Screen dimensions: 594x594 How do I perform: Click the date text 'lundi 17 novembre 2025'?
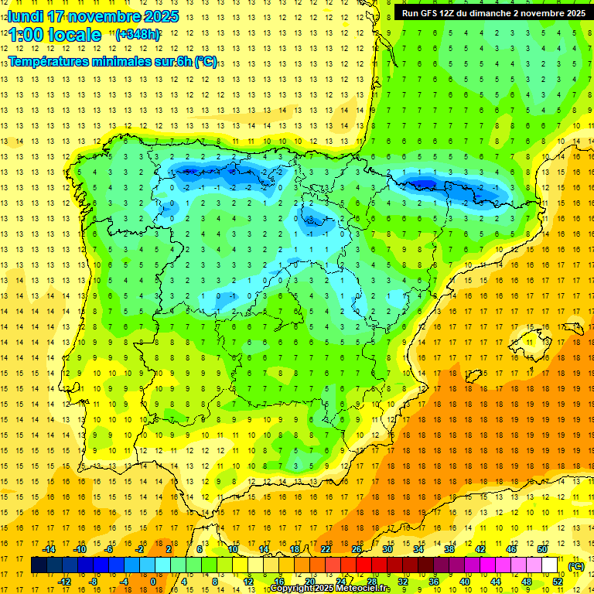(x=92, y=16)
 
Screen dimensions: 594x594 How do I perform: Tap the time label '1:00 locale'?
(x=55, y=35)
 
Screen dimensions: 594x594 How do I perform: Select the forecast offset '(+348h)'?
(x=138, y=35)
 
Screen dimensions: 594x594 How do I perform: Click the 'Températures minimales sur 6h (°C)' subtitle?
(x=112, y=62)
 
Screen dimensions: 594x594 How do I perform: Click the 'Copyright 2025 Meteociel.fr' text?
(x=329, y=589)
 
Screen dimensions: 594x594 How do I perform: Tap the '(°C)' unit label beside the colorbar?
(x=575, y=566)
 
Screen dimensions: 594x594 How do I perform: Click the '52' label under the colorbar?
(x=558, y=582)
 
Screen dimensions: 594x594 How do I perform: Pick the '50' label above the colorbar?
(x=542, y=549)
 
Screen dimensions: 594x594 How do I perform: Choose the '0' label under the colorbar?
(x=153, y=582)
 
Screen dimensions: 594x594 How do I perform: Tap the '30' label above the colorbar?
(x=387, y=549)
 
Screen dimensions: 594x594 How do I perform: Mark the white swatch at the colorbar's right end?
(x=550, y=565)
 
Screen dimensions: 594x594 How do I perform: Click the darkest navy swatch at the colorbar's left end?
(x=39, y=565)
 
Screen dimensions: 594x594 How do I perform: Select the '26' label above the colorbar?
(x=357, y=549)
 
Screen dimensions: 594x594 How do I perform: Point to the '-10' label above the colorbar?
(x=79, y=549)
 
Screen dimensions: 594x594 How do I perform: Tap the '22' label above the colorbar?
(x=326, y=549)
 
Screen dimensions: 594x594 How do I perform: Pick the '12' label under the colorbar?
(x=248, y=582)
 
